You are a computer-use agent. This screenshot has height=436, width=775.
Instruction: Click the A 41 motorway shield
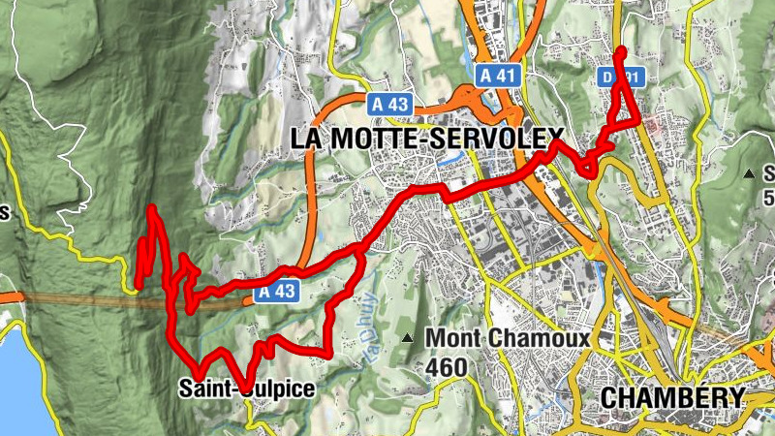click(x=498, y=75)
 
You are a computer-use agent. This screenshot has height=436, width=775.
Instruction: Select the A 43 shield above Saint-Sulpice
click(x=276, y=291)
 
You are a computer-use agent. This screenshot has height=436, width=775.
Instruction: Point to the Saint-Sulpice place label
click(x=247, y=389)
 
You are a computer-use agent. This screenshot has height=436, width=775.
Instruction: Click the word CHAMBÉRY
click(x=672, y=397)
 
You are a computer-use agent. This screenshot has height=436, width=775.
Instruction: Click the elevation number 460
click(x=446, y=367)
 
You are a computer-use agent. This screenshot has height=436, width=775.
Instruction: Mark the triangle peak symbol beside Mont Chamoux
click(x=408, y=338)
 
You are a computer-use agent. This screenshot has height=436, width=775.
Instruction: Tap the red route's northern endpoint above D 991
click(x=621, y=50)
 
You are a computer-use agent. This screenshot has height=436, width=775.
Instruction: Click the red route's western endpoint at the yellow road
click(x=138, y=284)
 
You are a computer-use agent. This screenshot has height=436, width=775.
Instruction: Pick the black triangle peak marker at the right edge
click(x=749, y=173)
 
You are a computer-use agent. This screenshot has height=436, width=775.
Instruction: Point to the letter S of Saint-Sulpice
click(x=185, y=389)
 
